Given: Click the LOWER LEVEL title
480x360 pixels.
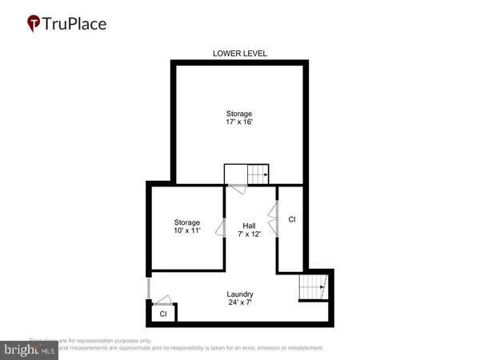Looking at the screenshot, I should [x=240, y=54].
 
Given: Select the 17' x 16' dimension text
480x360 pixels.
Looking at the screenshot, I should [x=240, y=122].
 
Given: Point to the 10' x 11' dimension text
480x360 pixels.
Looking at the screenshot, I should [x=188, y=230].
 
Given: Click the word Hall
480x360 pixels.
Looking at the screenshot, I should [x=249, y=226].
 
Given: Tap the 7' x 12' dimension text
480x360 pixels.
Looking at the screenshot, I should [x=249, y=234].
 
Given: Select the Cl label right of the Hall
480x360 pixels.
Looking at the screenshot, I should [x=292, y=219].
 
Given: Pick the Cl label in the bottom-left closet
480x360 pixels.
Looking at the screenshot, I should [x=163, y=314].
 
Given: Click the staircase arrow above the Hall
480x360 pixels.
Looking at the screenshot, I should [x=257, y=174].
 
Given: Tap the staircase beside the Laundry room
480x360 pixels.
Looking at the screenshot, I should [x=312, y=287].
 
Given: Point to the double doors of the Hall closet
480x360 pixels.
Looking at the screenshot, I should [x=274, y=219].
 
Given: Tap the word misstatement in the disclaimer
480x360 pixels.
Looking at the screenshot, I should [x=301, y=348].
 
